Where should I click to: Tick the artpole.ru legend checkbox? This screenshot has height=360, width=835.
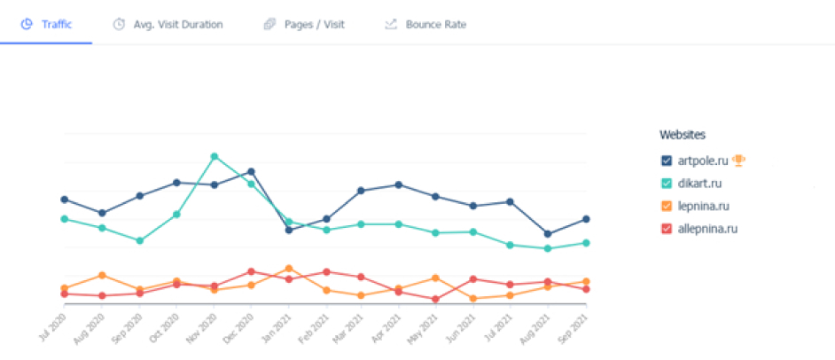click(667, 160)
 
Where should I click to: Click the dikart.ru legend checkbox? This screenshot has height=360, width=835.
click(667, 184)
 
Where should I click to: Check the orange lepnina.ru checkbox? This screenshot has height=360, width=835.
click(667, 207)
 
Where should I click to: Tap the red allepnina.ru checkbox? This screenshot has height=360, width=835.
click(667, 229)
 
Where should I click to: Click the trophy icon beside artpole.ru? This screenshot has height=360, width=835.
click(738, 160)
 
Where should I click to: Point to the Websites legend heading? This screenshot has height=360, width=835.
click(683, 135)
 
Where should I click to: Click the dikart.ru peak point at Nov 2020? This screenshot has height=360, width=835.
click(214, 156)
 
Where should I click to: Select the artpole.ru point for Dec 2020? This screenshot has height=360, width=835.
click(252, 171)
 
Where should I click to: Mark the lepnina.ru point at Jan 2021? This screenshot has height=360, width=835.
click(289, 268)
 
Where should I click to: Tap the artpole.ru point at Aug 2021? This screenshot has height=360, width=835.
click(548, 234)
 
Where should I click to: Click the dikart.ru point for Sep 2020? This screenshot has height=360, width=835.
click(140, 240)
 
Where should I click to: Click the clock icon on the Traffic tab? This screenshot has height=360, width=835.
click(27, 24)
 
